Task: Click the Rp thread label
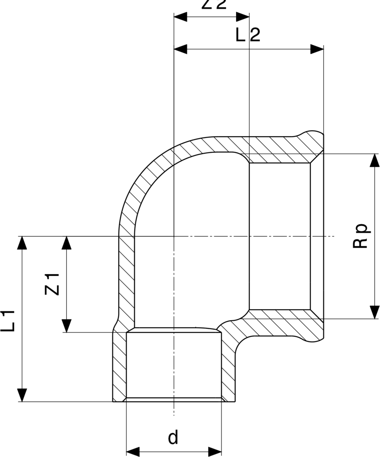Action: click(361, 236)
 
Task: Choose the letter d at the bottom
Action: click(173, 438)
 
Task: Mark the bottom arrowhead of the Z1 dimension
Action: click(66, 326)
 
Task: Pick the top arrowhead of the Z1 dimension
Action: click(66, 243)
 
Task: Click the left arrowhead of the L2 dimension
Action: click(180, 49)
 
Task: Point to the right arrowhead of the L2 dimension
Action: click(317, 49)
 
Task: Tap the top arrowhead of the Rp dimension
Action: click(375, 160)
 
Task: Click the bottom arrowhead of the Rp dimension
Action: click(375, 312)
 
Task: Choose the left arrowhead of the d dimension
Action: click(133, 452)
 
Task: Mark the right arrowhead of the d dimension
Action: click(215, 452)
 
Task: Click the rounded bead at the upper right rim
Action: click(311, 136)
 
